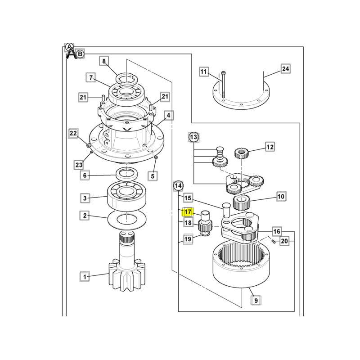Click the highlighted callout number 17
click(188, 211)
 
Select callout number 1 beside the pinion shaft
click(85, 277)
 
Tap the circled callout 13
click(194, 137)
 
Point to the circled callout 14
click(178, 185)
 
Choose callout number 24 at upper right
click(285, 69)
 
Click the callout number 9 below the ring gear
click(256, 300)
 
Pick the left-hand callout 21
click(83, 97)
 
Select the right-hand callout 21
click(165, 96)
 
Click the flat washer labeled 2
click(127, 220)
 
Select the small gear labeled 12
click(242, 153)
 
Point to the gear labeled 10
click(242, 202)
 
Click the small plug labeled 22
click(89, 145)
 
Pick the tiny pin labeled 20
click(273, 242)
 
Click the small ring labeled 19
click(205, 234)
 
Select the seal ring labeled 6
click(127, 174)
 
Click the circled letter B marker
click(80, 54)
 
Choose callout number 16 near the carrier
click(277, 231)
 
